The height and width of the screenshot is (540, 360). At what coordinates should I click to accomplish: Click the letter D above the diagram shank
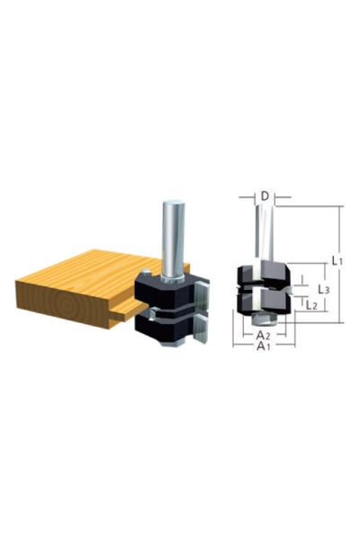(x=265, y=195)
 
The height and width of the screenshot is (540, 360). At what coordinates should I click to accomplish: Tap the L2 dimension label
(x=310, y=305)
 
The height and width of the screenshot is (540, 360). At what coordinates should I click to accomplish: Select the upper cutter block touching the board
(x=166, y=289)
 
